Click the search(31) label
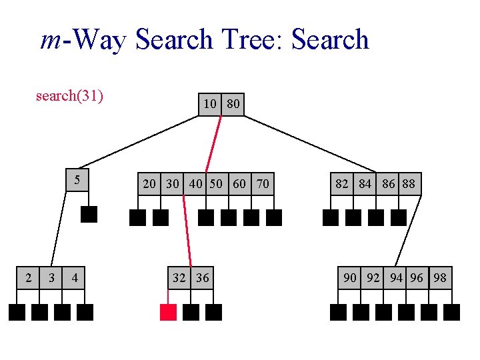tap(69, 96)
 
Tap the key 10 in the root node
tap(210, 104)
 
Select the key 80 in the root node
tap(233, 104)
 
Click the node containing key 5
tap(77, 179)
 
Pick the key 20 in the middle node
tap(149, 183)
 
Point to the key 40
tap(196, 183)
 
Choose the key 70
tap(263, 183)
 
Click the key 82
tap(341, 183)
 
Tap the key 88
tap(409, 183)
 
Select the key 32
tap(179, 277)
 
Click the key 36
tap(202, 277)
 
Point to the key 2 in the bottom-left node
tap(27, 277)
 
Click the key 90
tap(349, 277)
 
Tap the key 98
tap(440, 277)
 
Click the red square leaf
tap(168, 312)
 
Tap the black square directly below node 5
tap(89, 214)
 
